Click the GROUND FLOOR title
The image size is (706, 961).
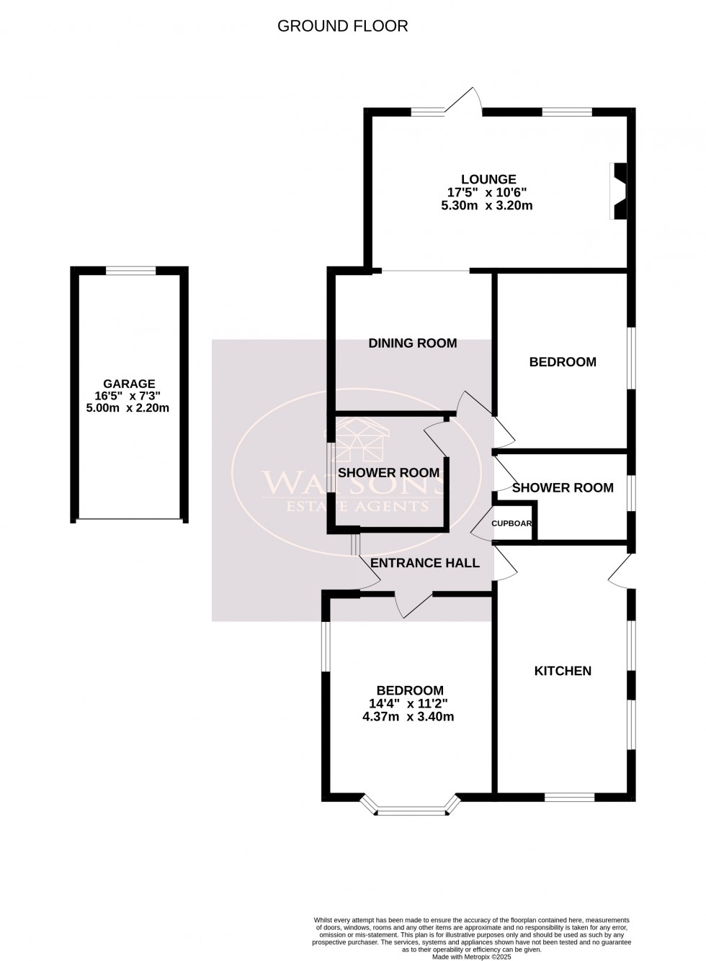(342, 27)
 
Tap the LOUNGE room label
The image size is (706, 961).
(488, 179)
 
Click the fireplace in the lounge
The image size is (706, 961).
(618, 191)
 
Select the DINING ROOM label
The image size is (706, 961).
(412, 343)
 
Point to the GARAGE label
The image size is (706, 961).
(129, 384)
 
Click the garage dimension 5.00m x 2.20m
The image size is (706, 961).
(129, 408)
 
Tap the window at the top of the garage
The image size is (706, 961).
(130, 271)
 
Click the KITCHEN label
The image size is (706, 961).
(562, 671)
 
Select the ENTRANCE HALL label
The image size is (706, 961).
(424, 563)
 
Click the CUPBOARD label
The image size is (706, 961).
(512, 523)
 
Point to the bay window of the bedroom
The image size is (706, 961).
(412, 811)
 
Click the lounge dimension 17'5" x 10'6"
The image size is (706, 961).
(488, 192)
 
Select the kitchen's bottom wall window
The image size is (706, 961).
(569, 797)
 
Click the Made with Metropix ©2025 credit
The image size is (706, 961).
(471, 956)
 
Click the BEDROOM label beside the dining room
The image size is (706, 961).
(562, 362)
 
